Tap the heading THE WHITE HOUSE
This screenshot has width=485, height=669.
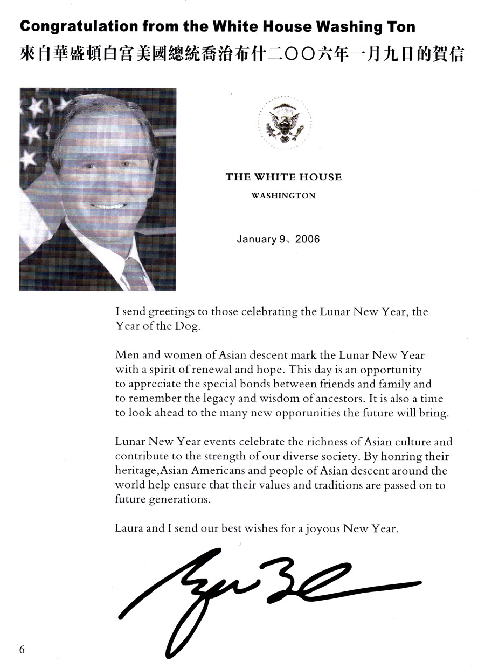coord(283,177)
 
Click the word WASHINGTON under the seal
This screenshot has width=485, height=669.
coord(283,196)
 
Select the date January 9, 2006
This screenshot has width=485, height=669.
coord(278,239)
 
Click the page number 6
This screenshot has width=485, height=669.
coord(22,649)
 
